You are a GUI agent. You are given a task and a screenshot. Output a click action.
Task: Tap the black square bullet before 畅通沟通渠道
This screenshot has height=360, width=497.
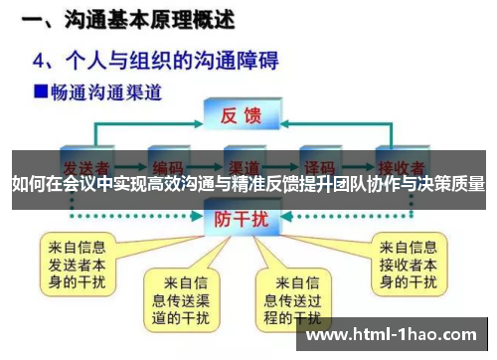41,92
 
